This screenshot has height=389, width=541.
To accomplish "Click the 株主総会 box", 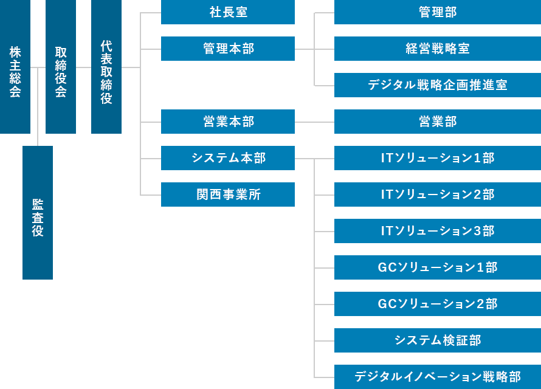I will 15,67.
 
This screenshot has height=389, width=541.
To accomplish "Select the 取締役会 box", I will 61,67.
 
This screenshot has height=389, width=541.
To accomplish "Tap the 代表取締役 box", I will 106,67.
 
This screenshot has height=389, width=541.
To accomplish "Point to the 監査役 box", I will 38,213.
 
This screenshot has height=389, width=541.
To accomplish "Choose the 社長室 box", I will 228,12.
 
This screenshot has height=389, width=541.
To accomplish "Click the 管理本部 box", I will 228,49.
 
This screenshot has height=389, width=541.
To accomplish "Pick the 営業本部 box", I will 228,122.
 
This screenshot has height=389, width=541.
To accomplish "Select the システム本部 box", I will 228,158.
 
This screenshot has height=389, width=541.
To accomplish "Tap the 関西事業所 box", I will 228,194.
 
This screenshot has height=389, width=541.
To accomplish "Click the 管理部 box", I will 438,12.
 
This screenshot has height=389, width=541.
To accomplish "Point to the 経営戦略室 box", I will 438,49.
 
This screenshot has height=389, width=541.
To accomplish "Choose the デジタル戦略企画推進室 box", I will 438,85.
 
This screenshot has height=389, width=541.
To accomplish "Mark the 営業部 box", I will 438,122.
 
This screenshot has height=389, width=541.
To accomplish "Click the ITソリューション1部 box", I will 438,158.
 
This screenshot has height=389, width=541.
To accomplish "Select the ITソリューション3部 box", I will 438,231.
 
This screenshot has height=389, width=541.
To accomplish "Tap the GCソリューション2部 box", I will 438,304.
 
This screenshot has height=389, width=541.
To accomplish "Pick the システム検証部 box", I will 438,340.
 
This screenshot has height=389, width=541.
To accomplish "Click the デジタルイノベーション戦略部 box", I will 438,377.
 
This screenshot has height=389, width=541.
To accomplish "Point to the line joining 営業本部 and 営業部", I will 314,122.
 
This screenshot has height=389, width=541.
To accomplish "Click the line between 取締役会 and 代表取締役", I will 83,67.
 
